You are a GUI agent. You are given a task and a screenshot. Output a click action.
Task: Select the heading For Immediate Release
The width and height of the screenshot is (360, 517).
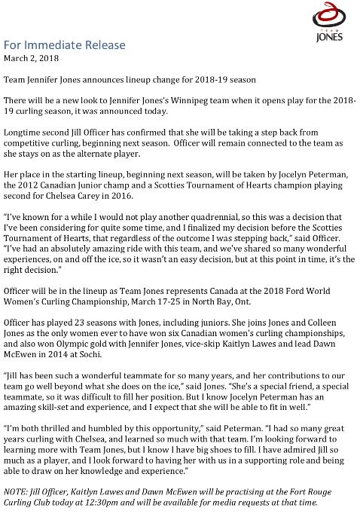click(x=65, y=45)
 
